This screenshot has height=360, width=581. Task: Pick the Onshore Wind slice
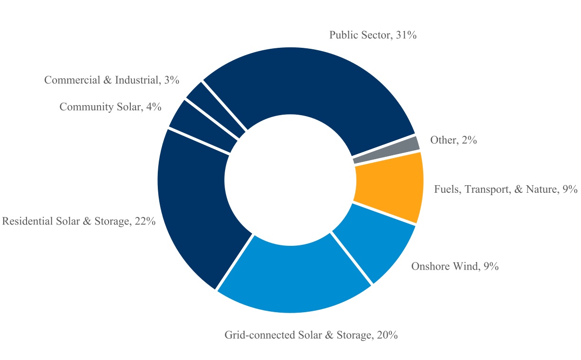point(376,241)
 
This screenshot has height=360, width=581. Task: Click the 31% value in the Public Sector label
point(406,35)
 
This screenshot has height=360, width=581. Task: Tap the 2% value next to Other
point(469,140)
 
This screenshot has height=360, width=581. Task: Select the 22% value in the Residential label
point(145,221)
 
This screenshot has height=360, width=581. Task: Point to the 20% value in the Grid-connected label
point(387,335)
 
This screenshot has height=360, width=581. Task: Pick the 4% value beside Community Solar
point(154,107)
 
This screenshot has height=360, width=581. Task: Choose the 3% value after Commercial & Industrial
point(172,80)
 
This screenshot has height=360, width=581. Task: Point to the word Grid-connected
point(260,335)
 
